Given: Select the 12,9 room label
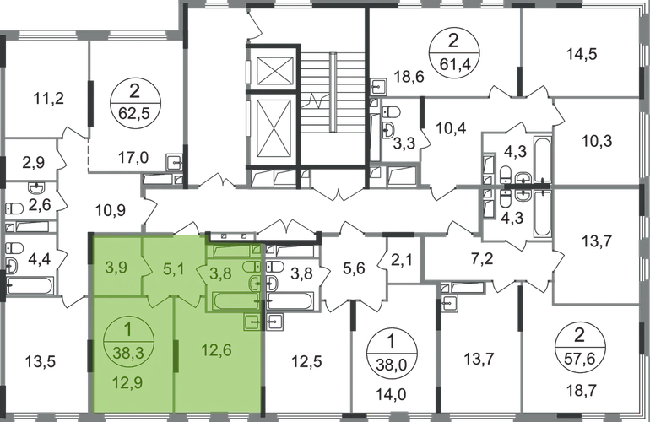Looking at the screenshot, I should (127, 390).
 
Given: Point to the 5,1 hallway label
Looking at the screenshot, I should (171, 269).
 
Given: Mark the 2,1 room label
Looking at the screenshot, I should (399, 261).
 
